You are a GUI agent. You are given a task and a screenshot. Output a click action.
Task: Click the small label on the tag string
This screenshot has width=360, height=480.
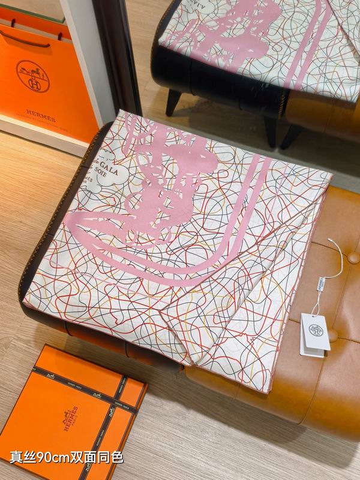309,283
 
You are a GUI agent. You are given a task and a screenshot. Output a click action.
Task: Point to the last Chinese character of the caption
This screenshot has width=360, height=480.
117,458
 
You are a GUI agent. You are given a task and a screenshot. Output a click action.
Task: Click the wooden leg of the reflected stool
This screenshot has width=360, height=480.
173,102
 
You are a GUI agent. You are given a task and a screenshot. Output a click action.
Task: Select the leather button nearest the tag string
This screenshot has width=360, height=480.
353,257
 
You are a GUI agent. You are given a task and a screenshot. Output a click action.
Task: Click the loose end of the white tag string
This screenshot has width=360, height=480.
330,241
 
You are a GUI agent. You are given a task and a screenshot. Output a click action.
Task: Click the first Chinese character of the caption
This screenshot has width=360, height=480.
17,458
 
